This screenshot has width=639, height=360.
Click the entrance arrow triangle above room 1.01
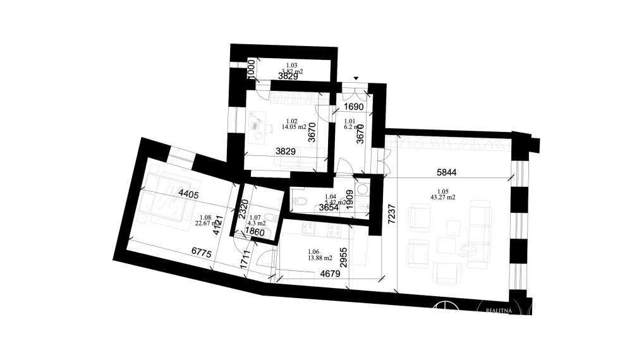[356, 78]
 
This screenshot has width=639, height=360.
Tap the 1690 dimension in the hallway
[354, 107]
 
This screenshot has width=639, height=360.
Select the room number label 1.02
[291, 121]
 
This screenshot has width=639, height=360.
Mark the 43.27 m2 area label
[442, 198]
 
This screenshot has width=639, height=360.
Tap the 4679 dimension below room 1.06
[330, 275]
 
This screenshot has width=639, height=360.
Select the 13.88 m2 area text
[313, 256]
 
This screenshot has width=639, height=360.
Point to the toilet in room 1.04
[301, 202]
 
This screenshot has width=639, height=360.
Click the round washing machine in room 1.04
[363, 189]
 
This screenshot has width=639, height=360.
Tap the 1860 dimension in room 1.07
[254, 232]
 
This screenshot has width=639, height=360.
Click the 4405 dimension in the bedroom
[188, 195]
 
